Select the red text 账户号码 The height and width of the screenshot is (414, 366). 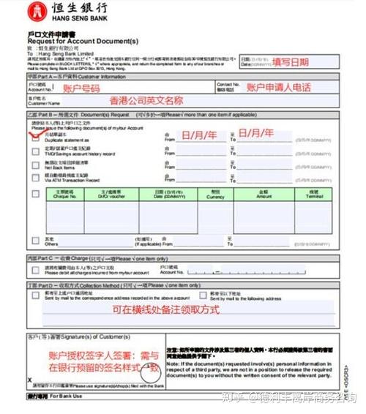[x=81, y=88]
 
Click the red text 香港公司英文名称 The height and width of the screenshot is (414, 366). [x=146, y=100]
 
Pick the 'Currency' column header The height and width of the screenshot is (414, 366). [x=215, y=196]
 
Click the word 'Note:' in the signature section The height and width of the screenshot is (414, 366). [x=174, y=363]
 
